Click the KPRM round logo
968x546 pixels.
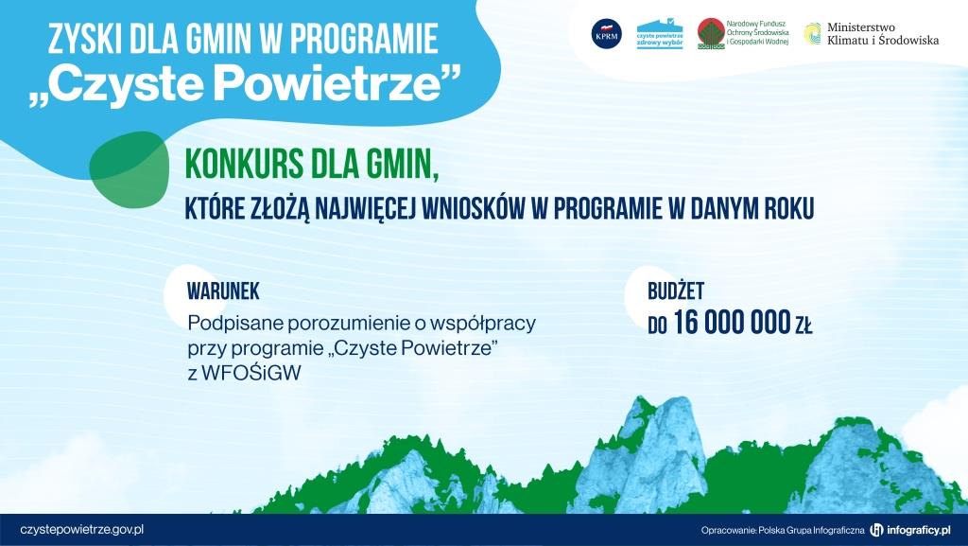606,34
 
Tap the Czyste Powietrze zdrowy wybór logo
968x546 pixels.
659,34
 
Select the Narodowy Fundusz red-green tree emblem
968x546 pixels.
711,34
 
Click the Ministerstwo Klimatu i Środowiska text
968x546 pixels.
883,35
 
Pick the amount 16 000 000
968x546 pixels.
732,325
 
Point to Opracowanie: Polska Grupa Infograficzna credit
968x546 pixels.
783,530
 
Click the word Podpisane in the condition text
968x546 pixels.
230,324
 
